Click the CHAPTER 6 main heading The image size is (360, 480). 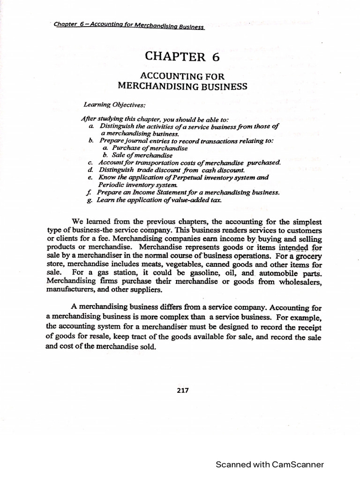point(182,57)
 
